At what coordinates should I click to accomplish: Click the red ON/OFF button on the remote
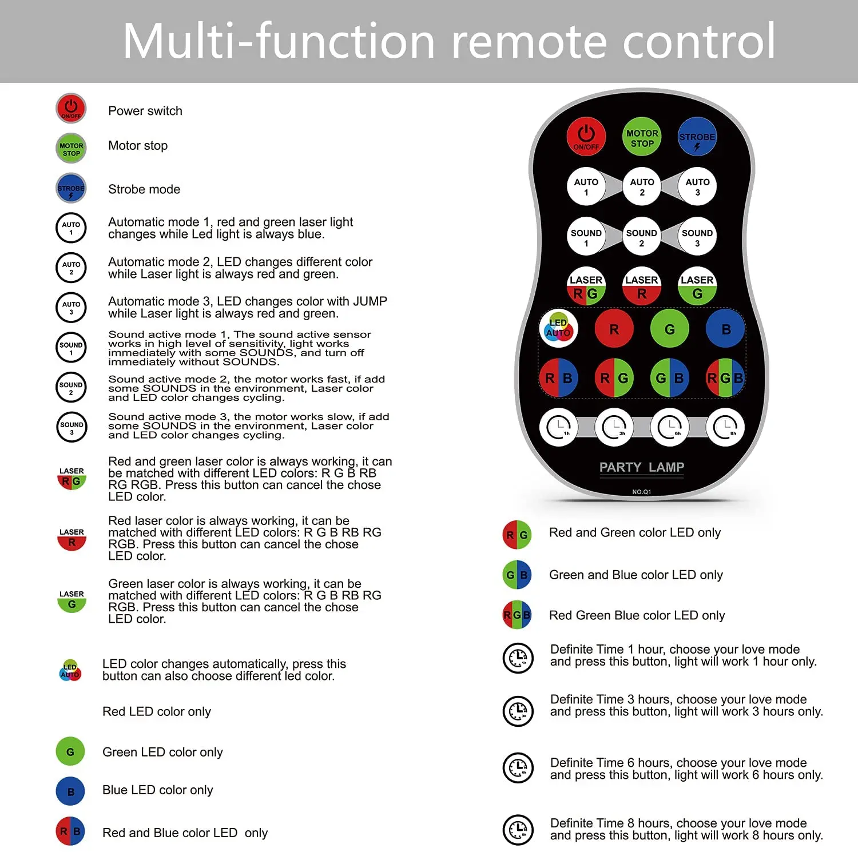[x=586, y=137]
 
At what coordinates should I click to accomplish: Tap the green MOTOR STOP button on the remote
[x=642, y=137]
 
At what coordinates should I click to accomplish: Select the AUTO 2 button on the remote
[x=642, y=186]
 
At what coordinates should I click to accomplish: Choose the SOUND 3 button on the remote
[x=697, y=237]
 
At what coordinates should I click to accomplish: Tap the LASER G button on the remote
[x=697, y=286]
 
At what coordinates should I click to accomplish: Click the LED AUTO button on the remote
[x=558, y=329]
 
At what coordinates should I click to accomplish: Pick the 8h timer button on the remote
[x=725, y=427]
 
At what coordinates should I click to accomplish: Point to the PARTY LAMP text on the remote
[x=641, y=467]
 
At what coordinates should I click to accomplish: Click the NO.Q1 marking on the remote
[x=641, y=492]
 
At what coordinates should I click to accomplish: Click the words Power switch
[x=145, y=111]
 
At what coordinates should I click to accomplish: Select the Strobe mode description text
[x=144, y=189]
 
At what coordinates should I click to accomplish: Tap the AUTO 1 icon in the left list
[x=71, y=228]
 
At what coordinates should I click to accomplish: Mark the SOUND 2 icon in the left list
[x=71, y=388]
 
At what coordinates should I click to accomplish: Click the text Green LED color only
[x=162, y=752]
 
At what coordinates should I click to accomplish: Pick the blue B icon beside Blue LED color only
[x=70, y=792]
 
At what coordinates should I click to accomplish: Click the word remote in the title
[x=530, y=41]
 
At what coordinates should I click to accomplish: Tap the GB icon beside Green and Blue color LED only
[x=517, y=575]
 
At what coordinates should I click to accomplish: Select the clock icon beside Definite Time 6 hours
[x=518, y=767]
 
